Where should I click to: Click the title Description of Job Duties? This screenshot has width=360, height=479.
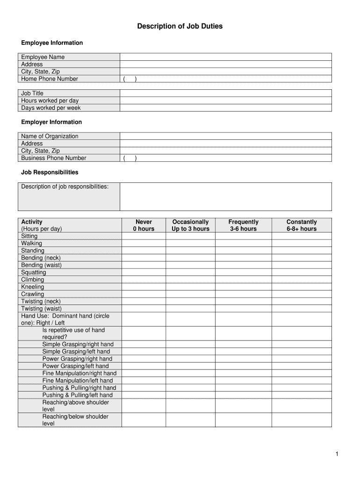pyautogui.click(x=180, y=26)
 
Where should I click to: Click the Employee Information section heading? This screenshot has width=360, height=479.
pyautogui.click(x=52, y=43)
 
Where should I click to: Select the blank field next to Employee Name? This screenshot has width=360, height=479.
pyautogui.click(x=225, y=57)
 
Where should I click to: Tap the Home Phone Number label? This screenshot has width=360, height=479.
pyautogui.click(x=50, y=79)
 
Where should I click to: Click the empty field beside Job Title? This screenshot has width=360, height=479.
pyautogui.click(x=225, y=93)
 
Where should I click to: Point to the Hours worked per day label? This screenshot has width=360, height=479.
pyautogui.click(x=50, y=101)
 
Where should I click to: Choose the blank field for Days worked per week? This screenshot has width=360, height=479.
pyautogui.click(x=225, y=108)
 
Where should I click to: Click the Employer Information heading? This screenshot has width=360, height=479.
pyautogui.click(x=51, y=122)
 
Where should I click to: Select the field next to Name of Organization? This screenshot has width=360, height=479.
pyautogui.click(x=225, y=136)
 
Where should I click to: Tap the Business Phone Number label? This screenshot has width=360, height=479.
pyautogui.click(x=54, y=158)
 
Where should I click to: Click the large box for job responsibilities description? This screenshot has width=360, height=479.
pyautogui.click(x=225, y=196)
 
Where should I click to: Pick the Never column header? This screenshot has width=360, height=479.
pyautogui.click(x=144, y=225)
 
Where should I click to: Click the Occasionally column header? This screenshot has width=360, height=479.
pyautogui.click(x=190, y=225)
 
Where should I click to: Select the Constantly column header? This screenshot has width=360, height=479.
pyautogui.click(x=302, y=225)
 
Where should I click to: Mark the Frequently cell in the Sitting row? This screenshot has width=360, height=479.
pyautogui.click(x=243, y=236)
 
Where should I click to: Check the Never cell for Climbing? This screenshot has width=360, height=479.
pyautogui.click(x=144, y=280)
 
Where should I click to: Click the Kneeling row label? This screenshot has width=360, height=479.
pyautogui.click(x=33, y=287)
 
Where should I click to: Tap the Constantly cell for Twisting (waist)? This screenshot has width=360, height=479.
pyautogui.click(x=302, y=309)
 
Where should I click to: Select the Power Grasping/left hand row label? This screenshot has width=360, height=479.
pyautogui.click(x=75, y=366)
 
